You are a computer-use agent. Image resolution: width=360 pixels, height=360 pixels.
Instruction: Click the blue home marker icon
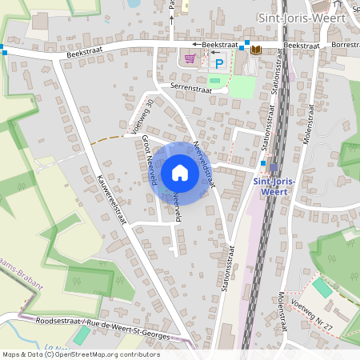[180, 173]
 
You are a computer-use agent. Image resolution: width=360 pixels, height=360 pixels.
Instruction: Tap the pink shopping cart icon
[190, 58]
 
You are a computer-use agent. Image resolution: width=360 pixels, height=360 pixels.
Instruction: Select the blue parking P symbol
[218, 62]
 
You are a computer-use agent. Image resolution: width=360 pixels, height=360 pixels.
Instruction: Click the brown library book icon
[256, 50]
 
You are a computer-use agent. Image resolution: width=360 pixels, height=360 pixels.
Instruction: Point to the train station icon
[274, 167]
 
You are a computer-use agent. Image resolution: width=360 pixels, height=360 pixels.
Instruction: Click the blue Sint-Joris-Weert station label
[274, 186]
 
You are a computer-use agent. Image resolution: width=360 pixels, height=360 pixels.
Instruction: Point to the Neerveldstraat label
[205, 165]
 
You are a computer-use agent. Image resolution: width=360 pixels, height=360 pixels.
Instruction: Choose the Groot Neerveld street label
[148, 160]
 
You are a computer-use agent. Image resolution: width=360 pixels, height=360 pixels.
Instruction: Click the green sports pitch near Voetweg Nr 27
[320, 287]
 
